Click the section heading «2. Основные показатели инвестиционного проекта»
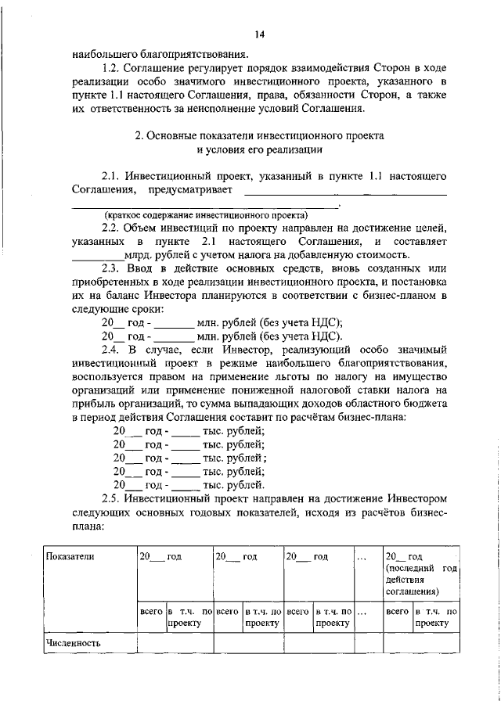(260, 135)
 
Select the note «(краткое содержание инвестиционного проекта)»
(207, 215)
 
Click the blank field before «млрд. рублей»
(97, 255)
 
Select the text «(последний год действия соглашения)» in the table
(420, 579)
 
